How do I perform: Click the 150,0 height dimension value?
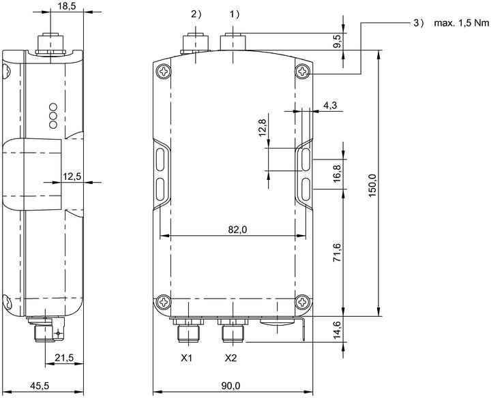(x=372, y=185)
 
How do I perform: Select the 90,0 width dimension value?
(x=230, y=386)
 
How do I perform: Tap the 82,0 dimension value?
(x=237, y=230)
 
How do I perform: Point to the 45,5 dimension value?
(x=40, y=386)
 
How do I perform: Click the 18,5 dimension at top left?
(x=67, y=6)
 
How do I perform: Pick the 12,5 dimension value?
(x=72, y=177)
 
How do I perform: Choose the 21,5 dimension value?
(x=64, y=357)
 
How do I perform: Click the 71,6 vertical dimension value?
(x=337, y=253)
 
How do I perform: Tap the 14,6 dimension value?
(x=337, y=329)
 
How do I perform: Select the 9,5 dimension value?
(x=337, y=42)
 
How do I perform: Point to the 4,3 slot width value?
(x=330, y=106)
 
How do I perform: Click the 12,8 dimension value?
(x=263, y=127)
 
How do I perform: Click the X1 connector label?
(x=186, y=358)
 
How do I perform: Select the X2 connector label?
(x=230, y=358)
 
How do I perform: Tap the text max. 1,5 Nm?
(x=461, y=23)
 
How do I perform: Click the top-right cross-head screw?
(x=303, y=72)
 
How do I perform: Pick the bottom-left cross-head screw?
(x=163, y=302)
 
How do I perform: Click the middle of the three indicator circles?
(x=53, y=115)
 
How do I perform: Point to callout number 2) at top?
(x=196, y=14)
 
